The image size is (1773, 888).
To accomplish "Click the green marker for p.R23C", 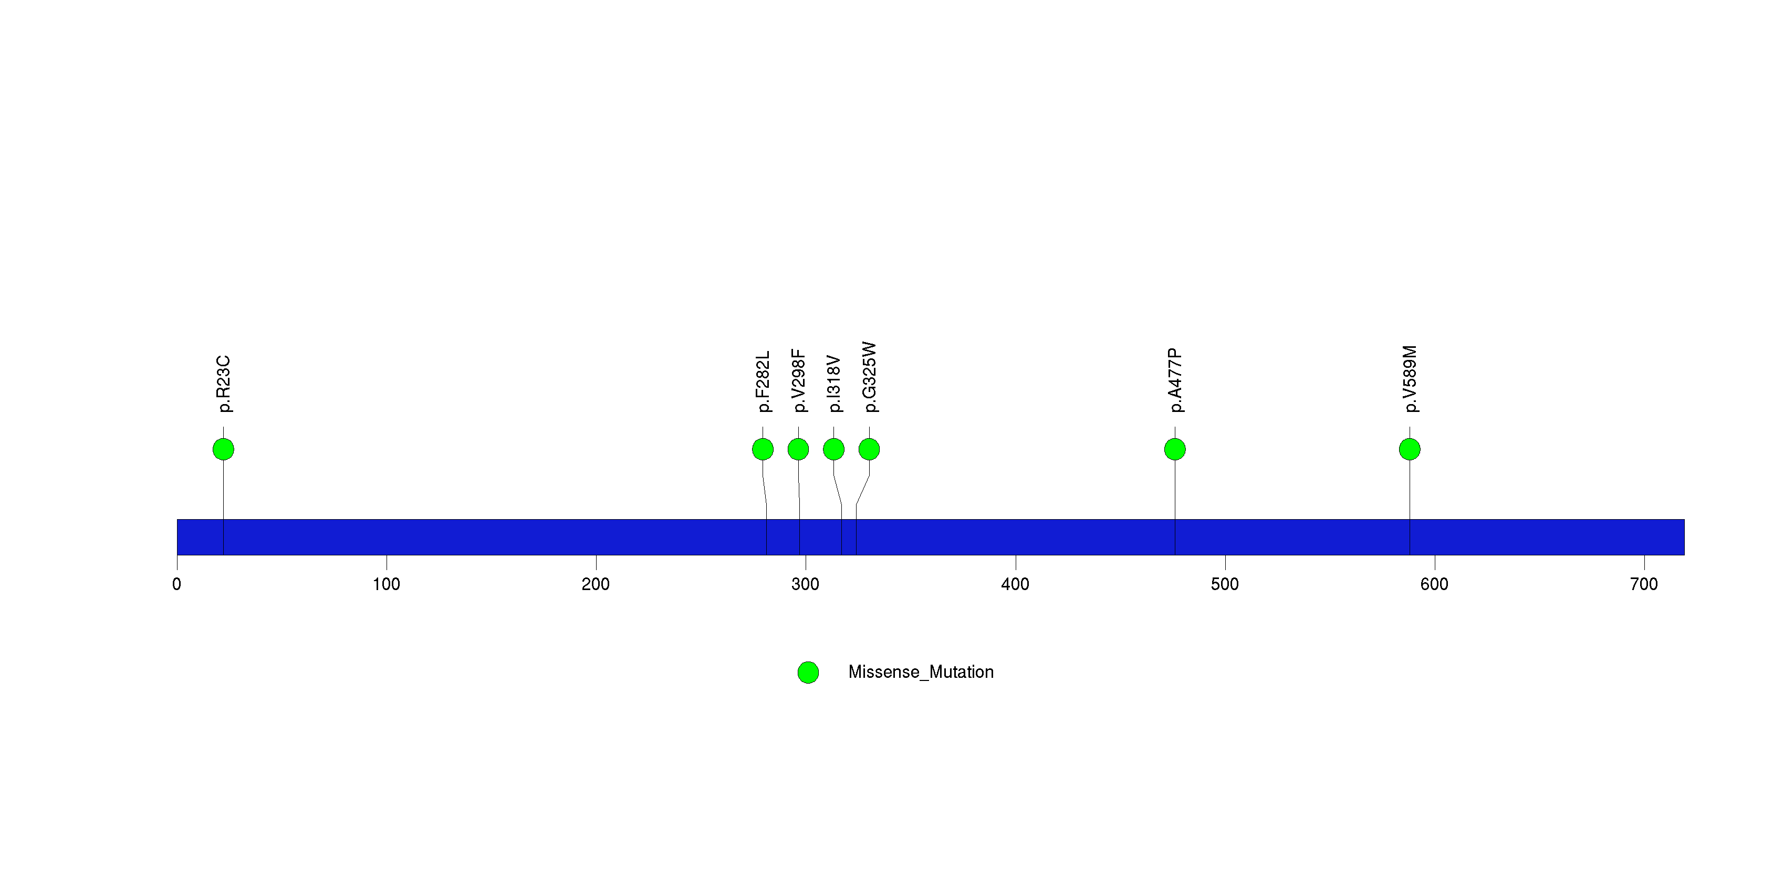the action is [x=223, y=449].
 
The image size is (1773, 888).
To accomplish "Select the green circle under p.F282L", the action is [x=763, y=449].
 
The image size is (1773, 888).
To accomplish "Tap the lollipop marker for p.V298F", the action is [x=798, y=449].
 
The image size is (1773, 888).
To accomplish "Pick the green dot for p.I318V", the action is [x=833, y=449].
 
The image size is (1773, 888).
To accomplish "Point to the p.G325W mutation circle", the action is [x=869, y=449].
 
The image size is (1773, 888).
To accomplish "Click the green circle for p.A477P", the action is [x=1175, y=449].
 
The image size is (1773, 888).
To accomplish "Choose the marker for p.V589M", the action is [x=1410, y=449].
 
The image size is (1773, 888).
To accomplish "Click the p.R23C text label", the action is [x=224, y=384].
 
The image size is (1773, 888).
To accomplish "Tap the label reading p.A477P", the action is [x=1175, y=380].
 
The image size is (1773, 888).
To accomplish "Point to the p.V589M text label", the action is [x=1410, y=379].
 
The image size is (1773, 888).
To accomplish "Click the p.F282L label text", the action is [x=763, y=382].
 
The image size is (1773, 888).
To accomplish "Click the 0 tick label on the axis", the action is [x=177, y=584].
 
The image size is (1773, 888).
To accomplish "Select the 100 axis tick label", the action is [x=386, y=584].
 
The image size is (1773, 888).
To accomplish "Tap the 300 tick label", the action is [x=805, y=584].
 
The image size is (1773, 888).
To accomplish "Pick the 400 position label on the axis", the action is [x=1015, y=584].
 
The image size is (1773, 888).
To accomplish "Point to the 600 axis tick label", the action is [x=1434, y=584].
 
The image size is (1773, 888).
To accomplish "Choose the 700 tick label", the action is [x=1644, y=584].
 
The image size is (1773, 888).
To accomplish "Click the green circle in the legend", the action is [x=808, y=673].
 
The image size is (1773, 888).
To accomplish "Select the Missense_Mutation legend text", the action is [x=921, y=672].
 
